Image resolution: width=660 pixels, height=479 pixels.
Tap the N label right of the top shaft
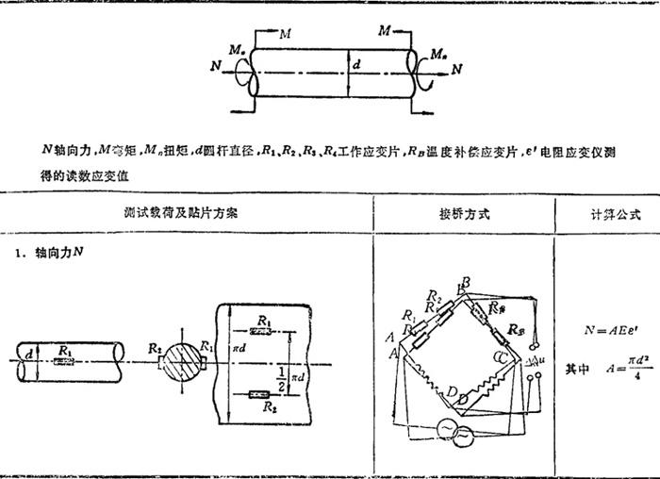[x=457, y=69]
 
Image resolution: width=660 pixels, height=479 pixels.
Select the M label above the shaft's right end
[x=385, y=32]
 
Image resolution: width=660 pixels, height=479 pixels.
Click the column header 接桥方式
[x=465, y=214]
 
